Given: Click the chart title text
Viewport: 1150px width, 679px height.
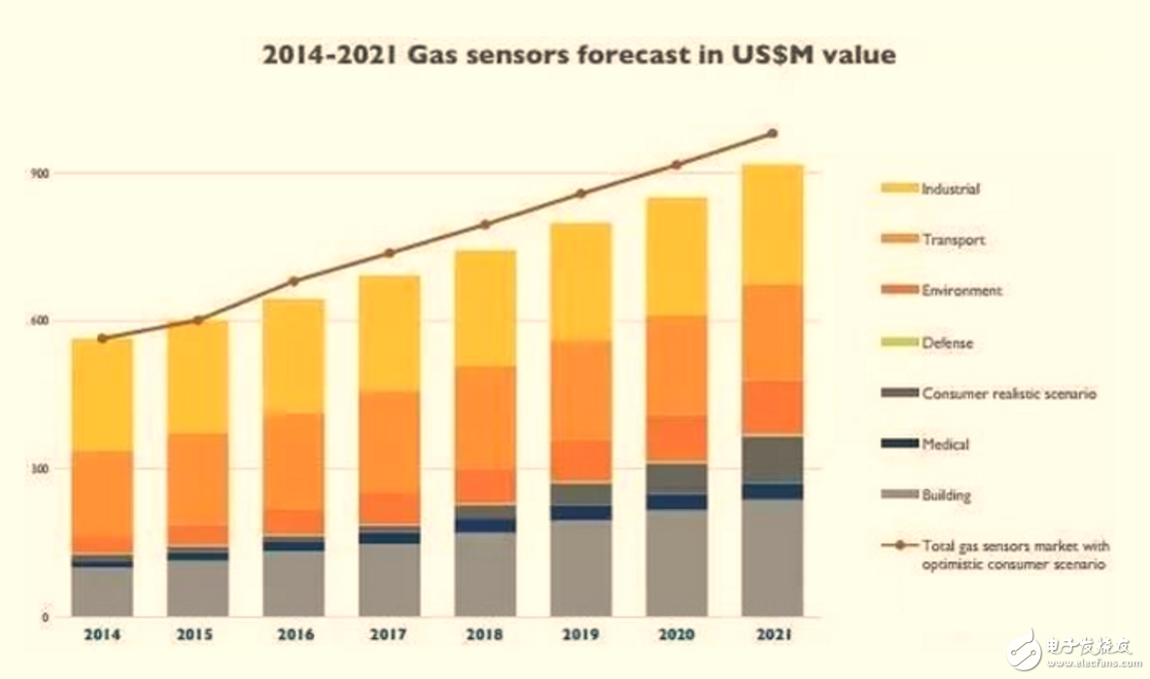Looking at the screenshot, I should pyautogui.click(x=578, y=54).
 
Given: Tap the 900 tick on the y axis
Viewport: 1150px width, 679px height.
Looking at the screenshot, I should pyautogui.click(x=40, y=173).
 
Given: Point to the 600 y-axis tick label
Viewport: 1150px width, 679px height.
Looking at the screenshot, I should pyautogui.click(x=40, y=321).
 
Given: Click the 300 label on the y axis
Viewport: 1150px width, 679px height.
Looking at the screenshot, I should pyautogui.click(x=40, y=469).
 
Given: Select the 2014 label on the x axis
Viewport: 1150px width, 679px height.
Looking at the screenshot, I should pyautogui.click(x=102, y=634).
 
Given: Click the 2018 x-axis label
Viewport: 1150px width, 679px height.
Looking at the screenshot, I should pyautogui.click(x=484, y=634).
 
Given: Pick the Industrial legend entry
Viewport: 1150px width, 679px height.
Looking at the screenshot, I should pyautogui.click(x=950, y=189).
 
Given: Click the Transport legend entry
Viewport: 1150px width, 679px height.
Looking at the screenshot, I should pyautogui.click(x=953, y=239).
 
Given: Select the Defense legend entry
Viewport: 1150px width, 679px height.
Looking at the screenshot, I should pyautogui.click(x=947, y=342).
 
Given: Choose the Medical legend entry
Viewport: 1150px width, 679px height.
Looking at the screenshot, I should pyautogui.click(x=945, y=444).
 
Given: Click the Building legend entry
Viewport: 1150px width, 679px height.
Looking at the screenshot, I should pyautogui.click(x=946, y=495).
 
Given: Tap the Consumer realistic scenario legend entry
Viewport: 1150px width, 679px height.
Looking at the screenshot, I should pyautogui.click(x=1008, y=393).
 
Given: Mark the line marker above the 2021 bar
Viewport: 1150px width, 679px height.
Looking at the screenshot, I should pyautogui.click(x=772, y=133).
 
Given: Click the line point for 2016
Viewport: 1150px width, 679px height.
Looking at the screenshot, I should pyautogui.click(x=294, y=281).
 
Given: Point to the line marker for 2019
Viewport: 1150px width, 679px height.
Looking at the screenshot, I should pyautogui.click(x=580, y=194).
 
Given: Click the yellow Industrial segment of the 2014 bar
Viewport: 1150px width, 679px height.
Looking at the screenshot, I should pyautogui.click(x=102, y=395).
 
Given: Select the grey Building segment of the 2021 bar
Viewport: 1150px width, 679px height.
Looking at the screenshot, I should pyautogui.click(x=772, y=556).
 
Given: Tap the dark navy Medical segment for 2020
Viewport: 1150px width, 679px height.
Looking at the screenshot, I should pyautogui.click(x=677, y=502).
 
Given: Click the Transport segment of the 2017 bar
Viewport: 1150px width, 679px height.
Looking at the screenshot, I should pyautogui.click(x=389, y=442).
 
